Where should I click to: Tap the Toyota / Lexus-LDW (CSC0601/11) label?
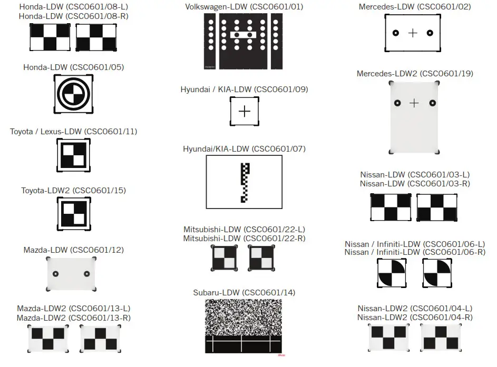click(73, 131)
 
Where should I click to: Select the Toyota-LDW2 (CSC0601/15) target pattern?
click(73, 215)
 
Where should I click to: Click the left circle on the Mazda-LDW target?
click(56, 274)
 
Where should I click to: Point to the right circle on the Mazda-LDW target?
click(87, 274)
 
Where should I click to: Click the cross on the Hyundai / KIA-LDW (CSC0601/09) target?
click(245, 111)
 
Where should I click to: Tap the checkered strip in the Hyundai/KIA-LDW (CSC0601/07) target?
click(244, 183)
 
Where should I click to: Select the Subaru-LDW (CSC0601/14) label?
click(244, 292)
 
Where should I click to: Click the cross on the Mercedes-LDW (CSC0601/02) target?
click(413, 33)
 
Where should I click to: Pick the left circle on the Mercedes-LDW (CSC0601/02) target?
click(395, 33)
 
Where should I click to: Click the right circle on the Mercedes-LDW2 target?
click(432, 103)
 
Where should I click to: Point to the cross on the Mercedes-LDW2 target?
click(414, 103)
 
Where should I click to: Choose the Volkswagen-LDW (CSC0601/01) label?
click(244, 7)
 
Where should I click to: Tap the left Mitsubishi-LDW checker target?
click(225, 259)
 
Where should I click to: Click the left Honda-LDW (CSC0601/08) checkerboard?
click(50, 37)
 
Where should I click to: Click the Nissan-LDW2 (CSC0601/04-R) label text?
click(415, 317)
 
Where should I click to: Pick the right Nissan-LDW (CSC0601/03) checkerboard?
click(437, 207)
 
